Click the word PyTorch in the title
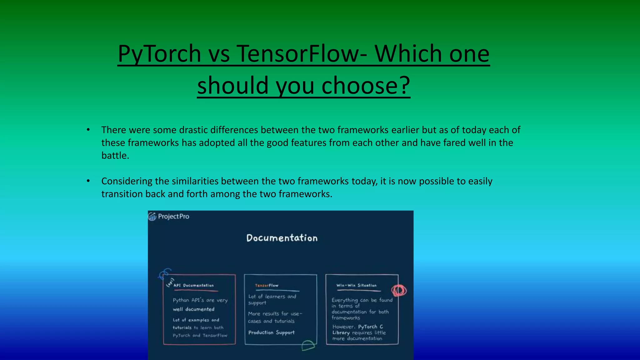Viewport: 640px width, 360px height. pyautogui.click(x=159, y=54)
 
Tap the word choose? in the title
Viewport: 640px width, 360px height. pyautogui.click(x=366, y=85)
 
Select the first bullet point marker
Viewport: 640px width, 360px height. pyautogui.click(x=88, y=130)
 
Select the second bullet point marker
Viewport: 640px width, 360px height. pyautogui.click(x=88, y=181)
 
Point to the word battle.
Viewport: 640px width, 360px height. pyautogui.click(x=115, y=155)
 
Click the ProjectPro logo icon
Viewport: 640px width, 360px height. pyautogui.click(x=152, y=216)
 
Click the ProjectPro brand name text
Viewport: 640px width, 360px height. pyautogui.click(x=173, y=216)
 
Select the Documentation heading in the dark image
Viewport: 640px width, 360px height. pyautogui.click(x=282, y=238)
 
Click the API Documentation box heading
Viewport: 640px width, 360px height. pyautogui.click(x=193, y=285)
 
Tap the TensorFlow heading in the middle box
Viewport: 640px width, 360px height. pyautogui.click(x=267, y=285)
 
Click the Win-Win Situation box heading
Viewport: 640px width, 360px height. pyautogui.click(x=356, y=285)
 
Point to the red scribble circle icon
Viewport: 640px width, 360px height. pyautogui.click(x=399, y=291)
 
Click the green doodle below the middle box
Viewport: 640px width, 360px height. pyautogui.click(x=308, y=346)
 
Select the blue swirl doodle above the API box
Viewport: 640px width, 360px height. pyautogui.click(x=165, y=274)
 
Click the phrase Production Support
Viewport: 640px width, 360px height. pyautogui.click(x=271, y=332)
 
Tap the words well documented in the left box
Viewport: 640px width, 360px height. pyautogui.click(x=193, y=309)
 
